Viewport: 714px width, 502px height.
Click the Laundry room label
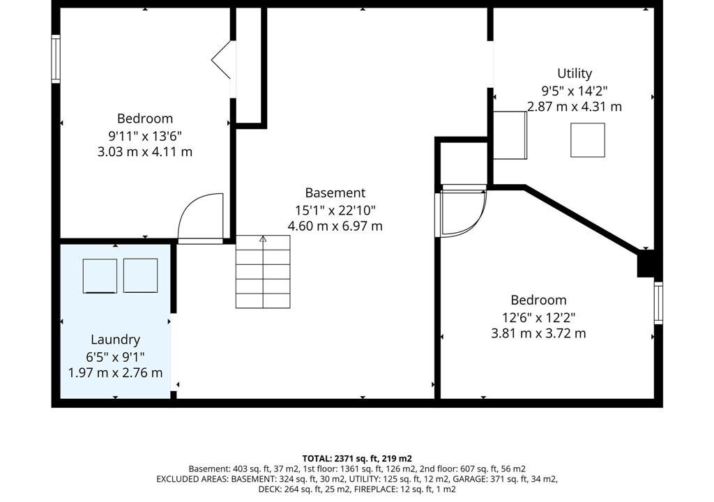[x=115, y=340]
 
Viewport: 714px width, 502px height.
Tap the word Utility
[x=575, y=74]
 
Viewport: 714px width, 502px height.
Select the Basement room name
[x=335, y=192]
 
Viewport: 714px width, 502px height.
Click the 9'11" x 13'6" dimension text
[x=145, y=135]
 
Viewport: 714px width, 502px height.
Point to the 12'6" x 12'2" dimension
[x=539, y=317]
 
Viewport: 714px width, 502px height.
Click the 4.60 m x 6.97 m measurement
[x=335, y=226]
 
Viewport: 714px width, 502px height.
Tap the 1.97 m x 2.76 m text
[x=115, y=372]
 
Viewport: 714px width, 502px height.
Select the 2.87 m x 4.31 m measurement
[x=575, y=107]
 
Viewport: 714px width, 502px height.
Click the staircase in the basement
[x=263, y=271]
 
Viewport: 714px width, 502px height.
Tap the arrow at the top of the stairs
[x=263, y=238]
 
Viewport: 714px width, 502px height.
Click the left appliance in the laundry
[x=100, y=276]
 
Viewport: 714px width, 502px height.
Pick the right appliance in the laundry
[x=141, y=275]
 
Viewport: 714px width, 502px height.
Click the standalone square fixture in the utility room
[x=588, y=140]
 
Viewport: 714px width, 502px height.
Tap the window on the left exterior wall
[x=56, y=59]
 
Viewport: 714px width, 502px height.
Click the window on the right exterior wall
[x=658, y=303]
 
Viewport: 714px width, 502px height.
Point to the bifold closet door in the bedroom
[x=222, y=60]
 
